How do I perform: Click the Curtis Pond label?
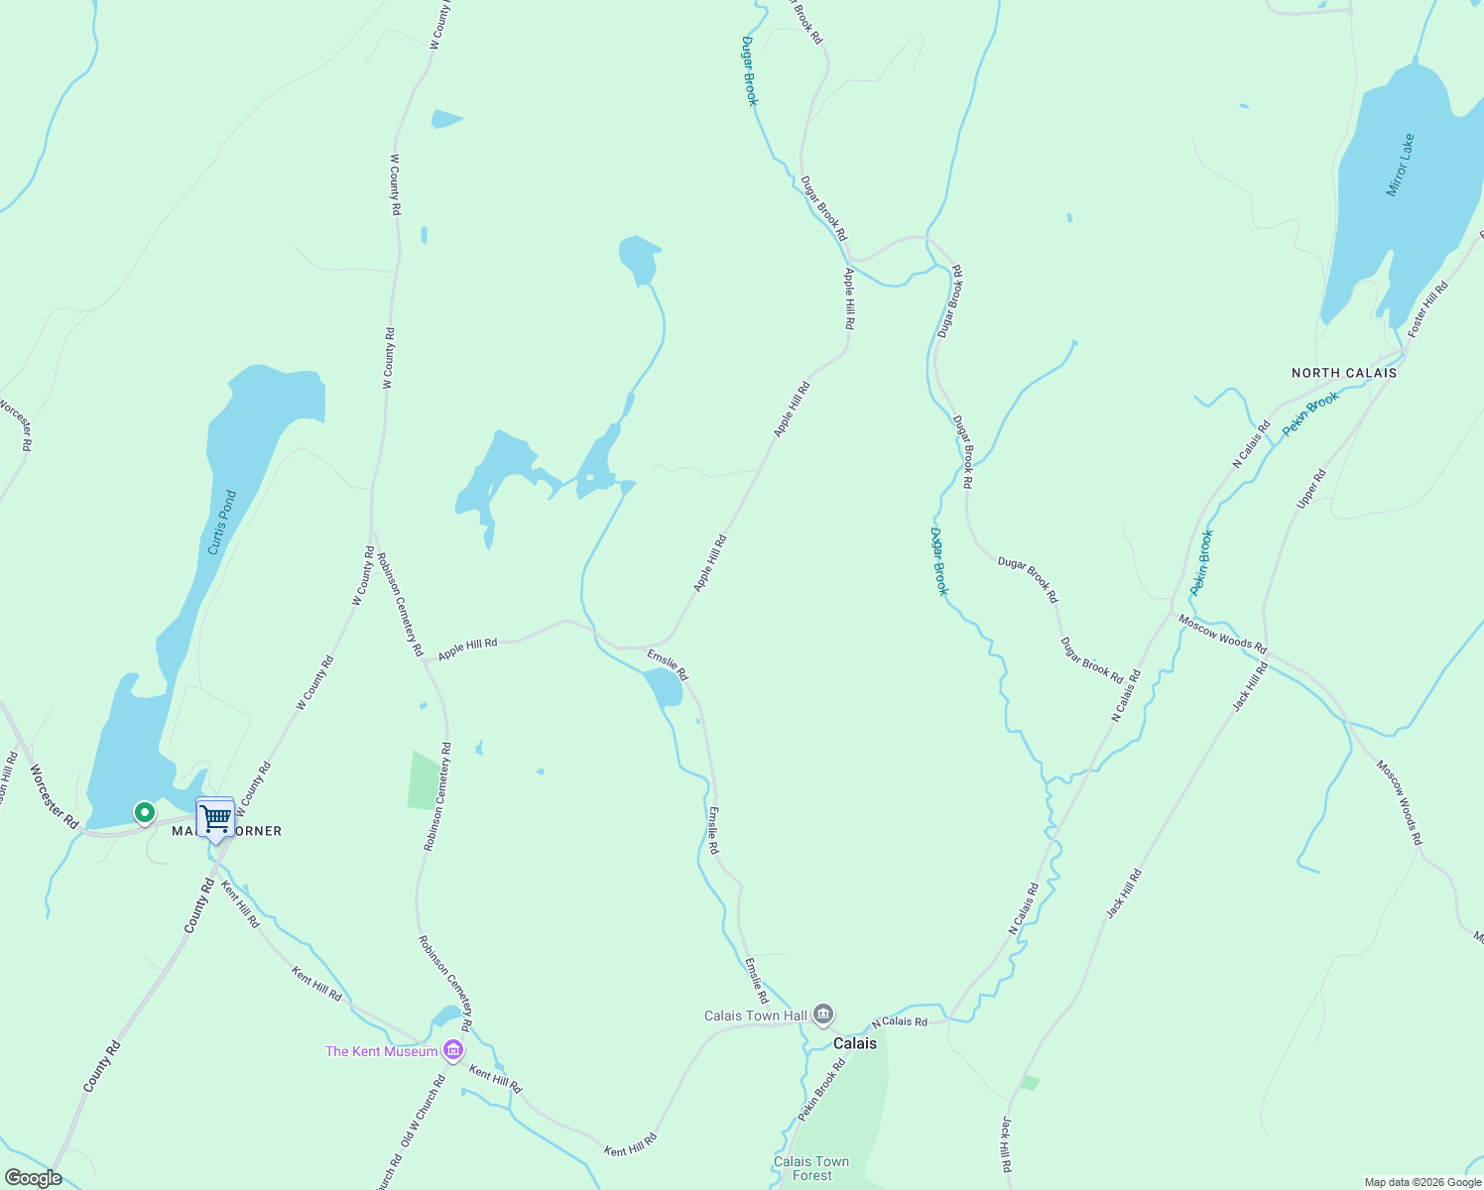point(222,523)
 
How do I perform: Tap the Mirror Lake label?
point(1400,166)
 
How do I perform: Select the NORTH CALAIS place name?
point(1343,373)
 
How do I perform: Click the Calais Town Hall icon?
point(822,1014)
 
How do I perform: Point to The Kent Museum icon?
point(452,1050)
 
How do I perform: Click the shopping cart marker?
point(215,818)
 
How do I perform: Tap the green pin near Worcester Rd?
point(145,813)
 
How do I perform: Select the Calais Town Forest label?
point(811,1168)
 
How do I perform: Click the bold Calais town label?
point(854,1043)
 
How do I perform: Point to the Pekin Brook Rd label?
point(822,1090)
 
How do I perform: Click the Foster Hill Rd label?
point(1427,308)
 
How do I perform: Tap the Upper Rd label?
point(1310,490)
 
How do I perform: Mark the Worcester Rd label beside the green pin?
point(54,796)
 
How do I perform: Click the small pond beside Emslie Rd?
point(663,687)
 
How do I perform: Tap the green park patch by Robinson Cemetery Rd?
point(424,779)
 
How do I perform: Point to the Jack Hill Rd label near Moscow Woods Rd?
point(1250,687)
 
